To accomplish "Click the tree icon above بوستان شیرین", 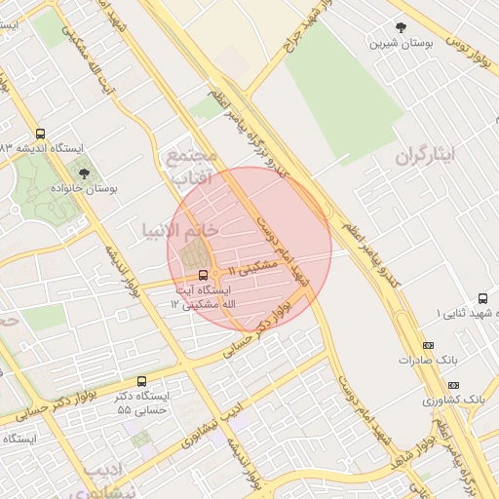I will (400, 27).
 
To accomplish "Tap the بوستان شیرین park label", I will (400, 44).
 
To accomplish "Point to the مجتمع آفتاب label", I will (192, 168).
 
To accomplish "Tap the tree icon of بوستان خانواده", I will (84, 173).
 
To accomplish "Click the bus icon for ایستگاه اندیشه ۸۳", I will (40, 134).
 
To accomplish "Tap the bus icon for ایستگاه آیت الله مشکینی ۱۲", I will (203, 275).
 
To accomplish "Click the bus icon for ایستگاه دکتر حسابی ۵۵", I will (142, 381).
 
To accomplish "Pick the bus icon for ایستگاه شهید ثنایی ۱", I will (482, 298).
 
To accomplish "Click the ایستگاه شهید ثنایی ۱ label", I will (467, 313).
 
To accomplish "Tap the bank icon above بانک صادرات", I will (428, 345).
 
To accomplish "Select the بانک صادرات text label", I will (426, 360).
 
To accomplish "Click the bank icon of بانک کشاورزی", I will (455, 386).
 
